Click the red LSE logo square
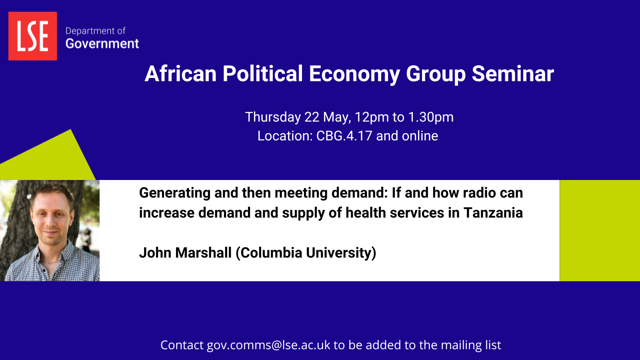(x=32, y=36)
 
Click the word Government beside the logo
(x=102, y=44)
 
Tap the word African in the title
(x=180, y=74)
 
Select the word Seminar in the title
(x=513, y=74)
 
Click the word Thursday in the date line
(x=273, y=117)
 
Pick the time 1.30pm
(x=431, y=118)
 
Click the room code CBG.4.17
(x=344, y=136)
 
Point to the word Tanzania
(x=493, y=213)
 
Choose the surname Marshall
(x=203, y=253)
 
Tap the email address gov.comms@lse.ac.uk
(x=268, y=346)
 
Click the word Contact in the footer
(x=182, y=345)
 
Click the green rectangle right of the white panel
(x=600, y=230)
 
